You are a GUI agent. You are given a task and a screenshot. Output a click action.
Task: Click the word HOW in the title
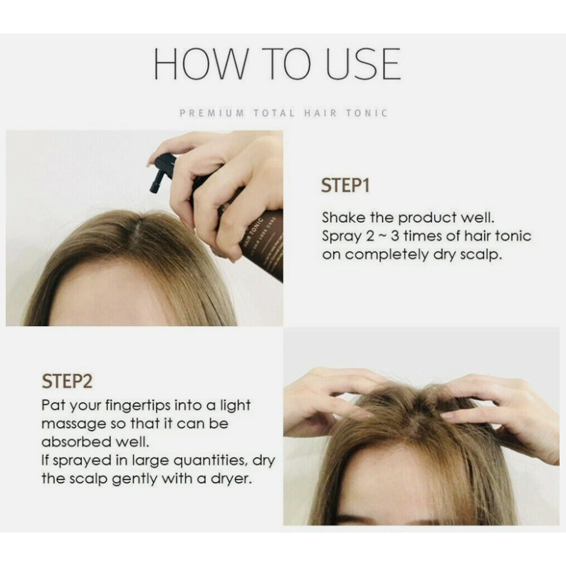click(201, 63)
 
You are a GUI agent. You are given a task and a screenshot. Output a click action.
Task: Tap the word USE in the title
click(364, 63)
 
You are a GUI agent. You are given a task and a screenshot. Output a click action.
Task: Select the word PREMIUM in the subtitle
click(212, 113)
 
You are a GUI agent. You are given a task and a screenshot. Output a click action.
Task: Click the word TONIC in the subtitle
click(367, 113)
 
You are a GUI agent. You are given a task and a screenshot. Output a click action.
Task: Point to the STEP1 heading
click(345, 186)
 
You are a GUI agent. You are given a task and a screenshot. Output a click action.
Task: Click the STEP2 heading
click(67, 381)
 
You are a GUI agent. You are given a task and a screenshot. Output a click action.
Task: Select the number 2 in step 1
click(370, 236)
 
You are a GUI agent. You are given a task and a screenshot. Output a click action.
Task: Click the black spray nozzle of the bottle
click(160, 173)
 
